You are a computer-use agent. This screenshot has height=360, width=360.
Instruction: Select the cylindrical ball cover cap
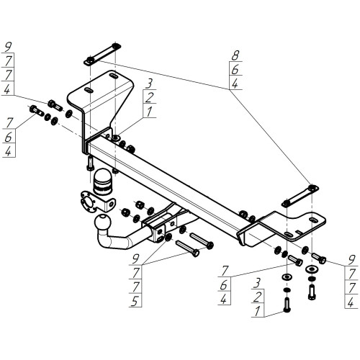click(102, 181)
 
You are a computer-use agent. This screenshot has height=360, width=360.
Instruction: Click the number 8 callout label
click(235, 55)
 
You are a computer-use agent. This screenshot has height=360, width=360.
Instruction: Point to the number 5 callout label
click(135, 301)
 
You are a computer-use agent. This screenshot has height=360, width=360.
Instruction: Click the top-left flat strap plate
click(102, 54)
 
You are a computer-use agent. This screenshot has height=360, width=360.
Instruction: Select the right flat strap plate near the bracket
click(300, 196)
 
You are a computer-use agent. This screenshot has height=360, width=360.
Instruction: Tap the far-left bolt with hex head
click(37, 111)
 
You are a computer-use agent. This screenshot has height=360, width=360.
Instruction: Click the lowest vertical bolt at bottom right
click(287, 305)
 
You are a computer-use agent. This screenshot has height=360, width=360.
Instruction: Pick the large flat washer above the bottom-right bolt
click(287, 277)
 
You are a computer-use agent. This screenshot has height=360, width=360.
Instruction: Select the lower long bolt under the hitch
click(187, 248)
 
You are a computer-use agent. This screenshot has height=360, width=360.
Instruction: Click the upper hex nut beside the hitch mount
click(140, 204)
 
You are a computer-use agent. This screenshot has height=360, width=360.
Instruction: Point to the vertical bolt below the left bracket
click(90, 163)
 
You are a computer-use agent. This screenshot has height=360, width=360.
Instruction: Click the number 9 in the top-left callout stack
click(8, 47)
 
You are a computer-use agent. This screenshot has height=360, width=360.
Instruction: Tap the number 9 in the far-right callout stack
click(351, 259)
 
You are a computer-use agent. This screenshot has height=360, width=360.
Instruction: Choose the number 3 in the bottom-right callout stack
click(257, 283)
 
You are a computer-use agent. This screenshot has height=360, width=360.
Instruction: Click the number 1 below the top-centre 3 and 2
click(149, 112)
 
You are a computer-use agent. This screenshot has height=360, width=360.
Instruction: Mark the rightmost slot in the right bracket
click(312, 220)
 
